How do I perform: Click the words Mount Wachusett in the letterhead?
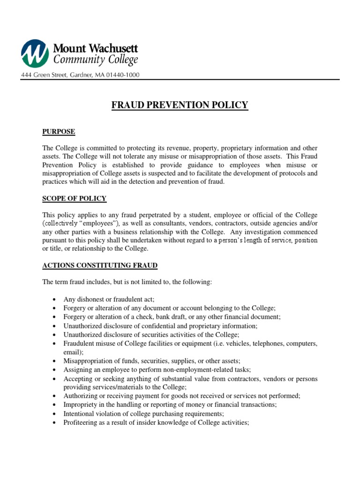pos(96,48)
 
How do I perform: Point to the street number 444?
pos(26,75)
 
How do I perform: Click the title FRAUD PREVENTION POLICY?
pos(180,105)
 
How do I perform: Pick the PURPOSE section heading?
pos(59,132)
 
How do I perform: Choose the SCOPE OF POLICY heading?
pos(75,199)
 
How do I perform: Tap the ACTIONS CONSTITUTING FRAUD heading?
pos(100,266)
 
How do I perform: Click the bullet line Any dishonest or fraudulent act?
pos(109,299)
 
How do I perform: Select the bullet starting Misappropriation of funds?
pos(151,360)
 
